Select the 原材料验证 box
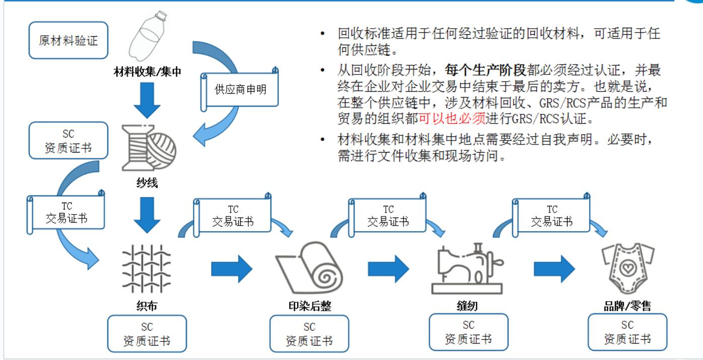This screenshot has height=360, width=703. (68, 40)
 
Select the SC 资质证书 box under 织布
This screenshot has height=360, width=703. (147, 334)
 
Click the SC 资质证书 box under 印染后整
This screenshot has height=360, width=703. (309, 334)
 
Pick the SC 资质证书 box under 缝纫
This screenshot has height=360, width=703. (468, 332)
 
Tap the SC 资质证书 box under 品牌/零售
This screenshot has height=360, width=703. (627, 332)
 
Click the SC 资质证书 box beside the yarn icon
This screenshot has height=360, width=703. (68, 140)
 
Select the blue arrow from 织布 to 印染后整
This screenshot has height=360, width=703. (231, 269)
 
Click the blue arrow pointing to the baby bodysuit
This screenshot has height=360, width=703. (554, 269)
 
